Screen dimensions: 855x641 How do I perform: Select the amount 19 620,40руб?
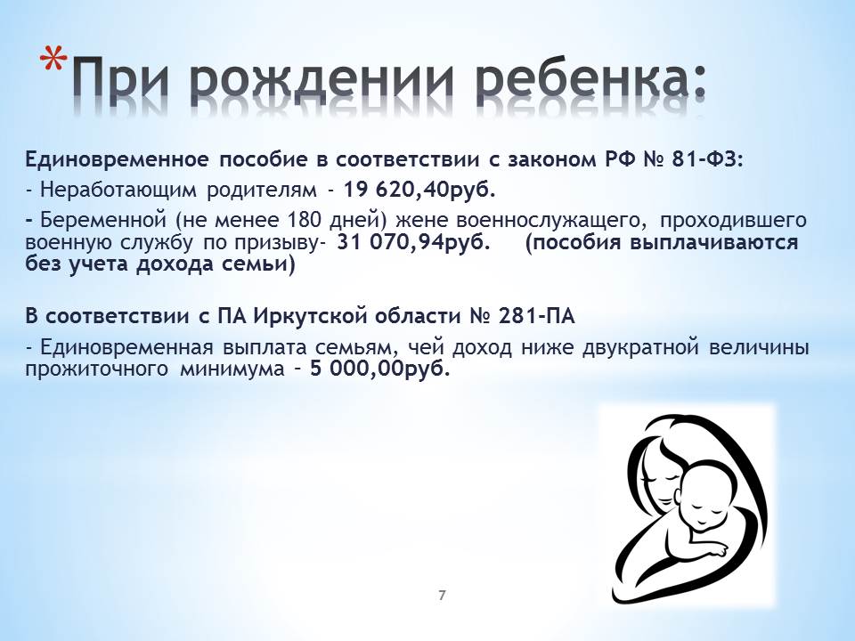[419, 190]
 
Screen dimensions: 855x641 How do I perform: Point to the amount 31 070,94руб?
[413, 242]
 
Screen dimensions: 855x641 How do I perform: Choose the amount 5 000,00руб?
[380, 369]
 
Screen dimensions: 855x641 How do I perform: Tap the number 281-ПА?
[536, 316]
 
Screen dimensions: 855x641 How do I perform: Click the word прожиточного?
[96, 369]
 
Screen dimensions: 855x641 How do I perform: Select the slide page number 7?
[442, 596]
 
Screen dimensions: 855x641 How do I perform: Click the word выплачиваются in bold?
[713, 242]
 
